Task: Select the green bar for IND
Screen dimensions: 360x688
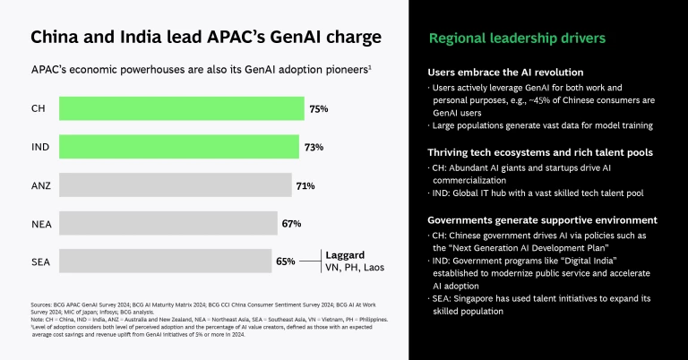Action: coord(179,147)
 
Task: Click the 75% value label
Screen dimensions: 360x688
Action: coord(319,108)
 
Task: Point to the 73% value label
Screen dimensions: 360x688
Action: coord(314,147)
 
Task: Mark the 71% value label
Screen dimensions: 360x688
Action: coord(305,185)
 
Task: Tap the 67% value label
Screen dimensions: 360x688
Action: coord(291,223)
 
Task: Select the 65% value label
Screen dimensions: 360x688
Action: coord(286,261)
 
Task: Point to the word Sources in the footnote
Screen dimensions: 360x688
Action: coord(42,305)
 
